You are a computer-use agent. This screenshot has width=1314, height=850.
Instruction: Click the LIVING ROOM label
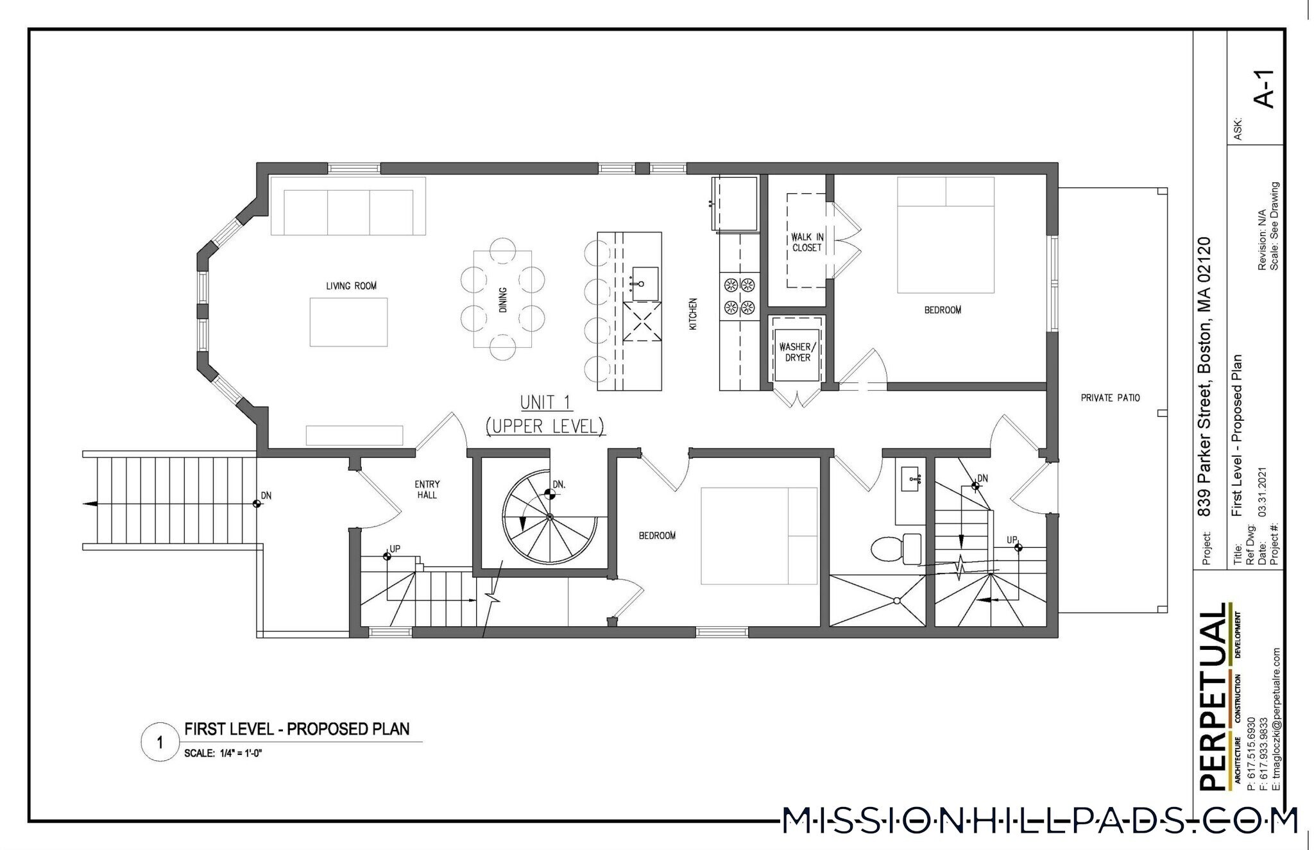(x=351, y=285)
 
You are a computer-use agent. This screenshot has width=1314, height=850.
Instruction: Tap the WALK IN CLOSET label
(x=806, y=242)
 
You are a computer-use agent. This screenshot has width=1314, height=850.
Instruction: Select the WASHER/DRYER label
(x=798, y=352)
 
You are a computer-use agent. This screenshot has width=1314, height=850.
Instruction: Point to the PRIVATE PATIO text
(x=1110, y=398)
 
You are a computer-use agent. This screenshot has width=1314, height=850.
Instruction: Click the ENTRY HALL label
(x=427, y=489)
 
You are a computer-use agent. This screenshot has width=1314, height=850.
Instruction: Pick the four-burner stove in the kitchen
(x=739, y=296)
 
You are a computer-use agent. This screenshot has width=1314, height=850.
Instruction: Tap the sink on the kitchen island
(x=644, y=283)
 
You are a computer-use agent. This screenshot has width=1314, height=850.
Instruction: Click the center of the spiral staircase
(x=550, y=516)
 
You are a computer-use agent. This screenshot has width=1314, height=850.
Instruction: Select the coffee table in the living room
(x=348, y=321)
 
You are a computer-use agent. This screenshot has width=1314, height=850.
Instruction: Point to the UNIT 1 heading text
(x=546, y=403)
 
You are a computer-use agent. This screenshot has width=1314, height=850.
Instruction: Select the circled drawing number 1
(x=159, y=743)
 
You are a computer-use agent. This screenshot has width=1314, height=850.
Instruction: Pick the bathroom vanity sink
(x=911, y=479)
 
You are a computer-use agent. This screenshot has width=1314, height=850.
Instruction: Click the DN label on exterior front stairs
(x=266, y=496)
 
